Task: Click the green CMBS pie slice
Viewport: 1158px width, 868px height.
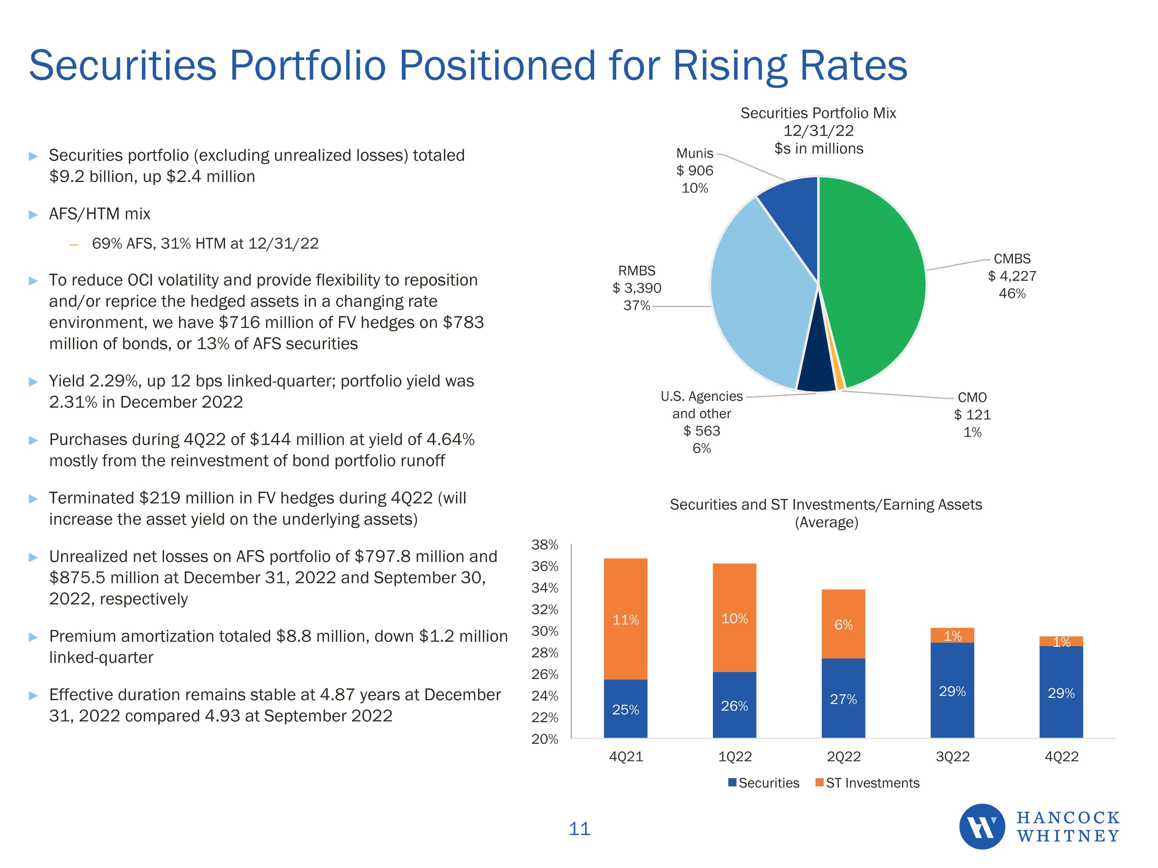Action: pos(874,277)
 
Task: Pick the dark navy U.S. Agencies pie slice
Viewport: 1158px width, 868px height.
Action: pos(816,372)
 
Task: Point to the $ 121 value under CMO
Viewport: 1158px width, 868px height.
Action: pos(972,415)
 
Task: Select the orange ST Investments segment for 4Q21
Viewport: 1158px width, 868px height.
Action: pos(626,618)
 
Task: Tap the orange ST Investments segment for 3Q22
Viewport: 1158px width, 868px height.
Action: pos(952,635)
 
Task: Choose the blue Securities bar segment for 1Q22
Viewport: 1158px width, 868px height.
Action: pos(735,705)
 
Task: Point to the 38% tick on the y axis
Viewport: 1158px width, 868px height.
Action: pos(545,545)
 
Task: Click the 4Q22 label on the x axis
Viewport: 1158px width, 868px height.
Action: pos(1061,757)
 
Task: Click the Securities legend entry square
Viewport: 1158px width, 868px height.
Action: pos(732,782)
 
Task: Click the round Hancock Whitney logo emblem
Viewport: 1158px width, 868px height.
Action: pos(982,827)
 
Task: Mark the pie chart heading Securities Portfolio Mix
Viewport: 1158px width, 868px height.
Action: pos(818,113)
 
